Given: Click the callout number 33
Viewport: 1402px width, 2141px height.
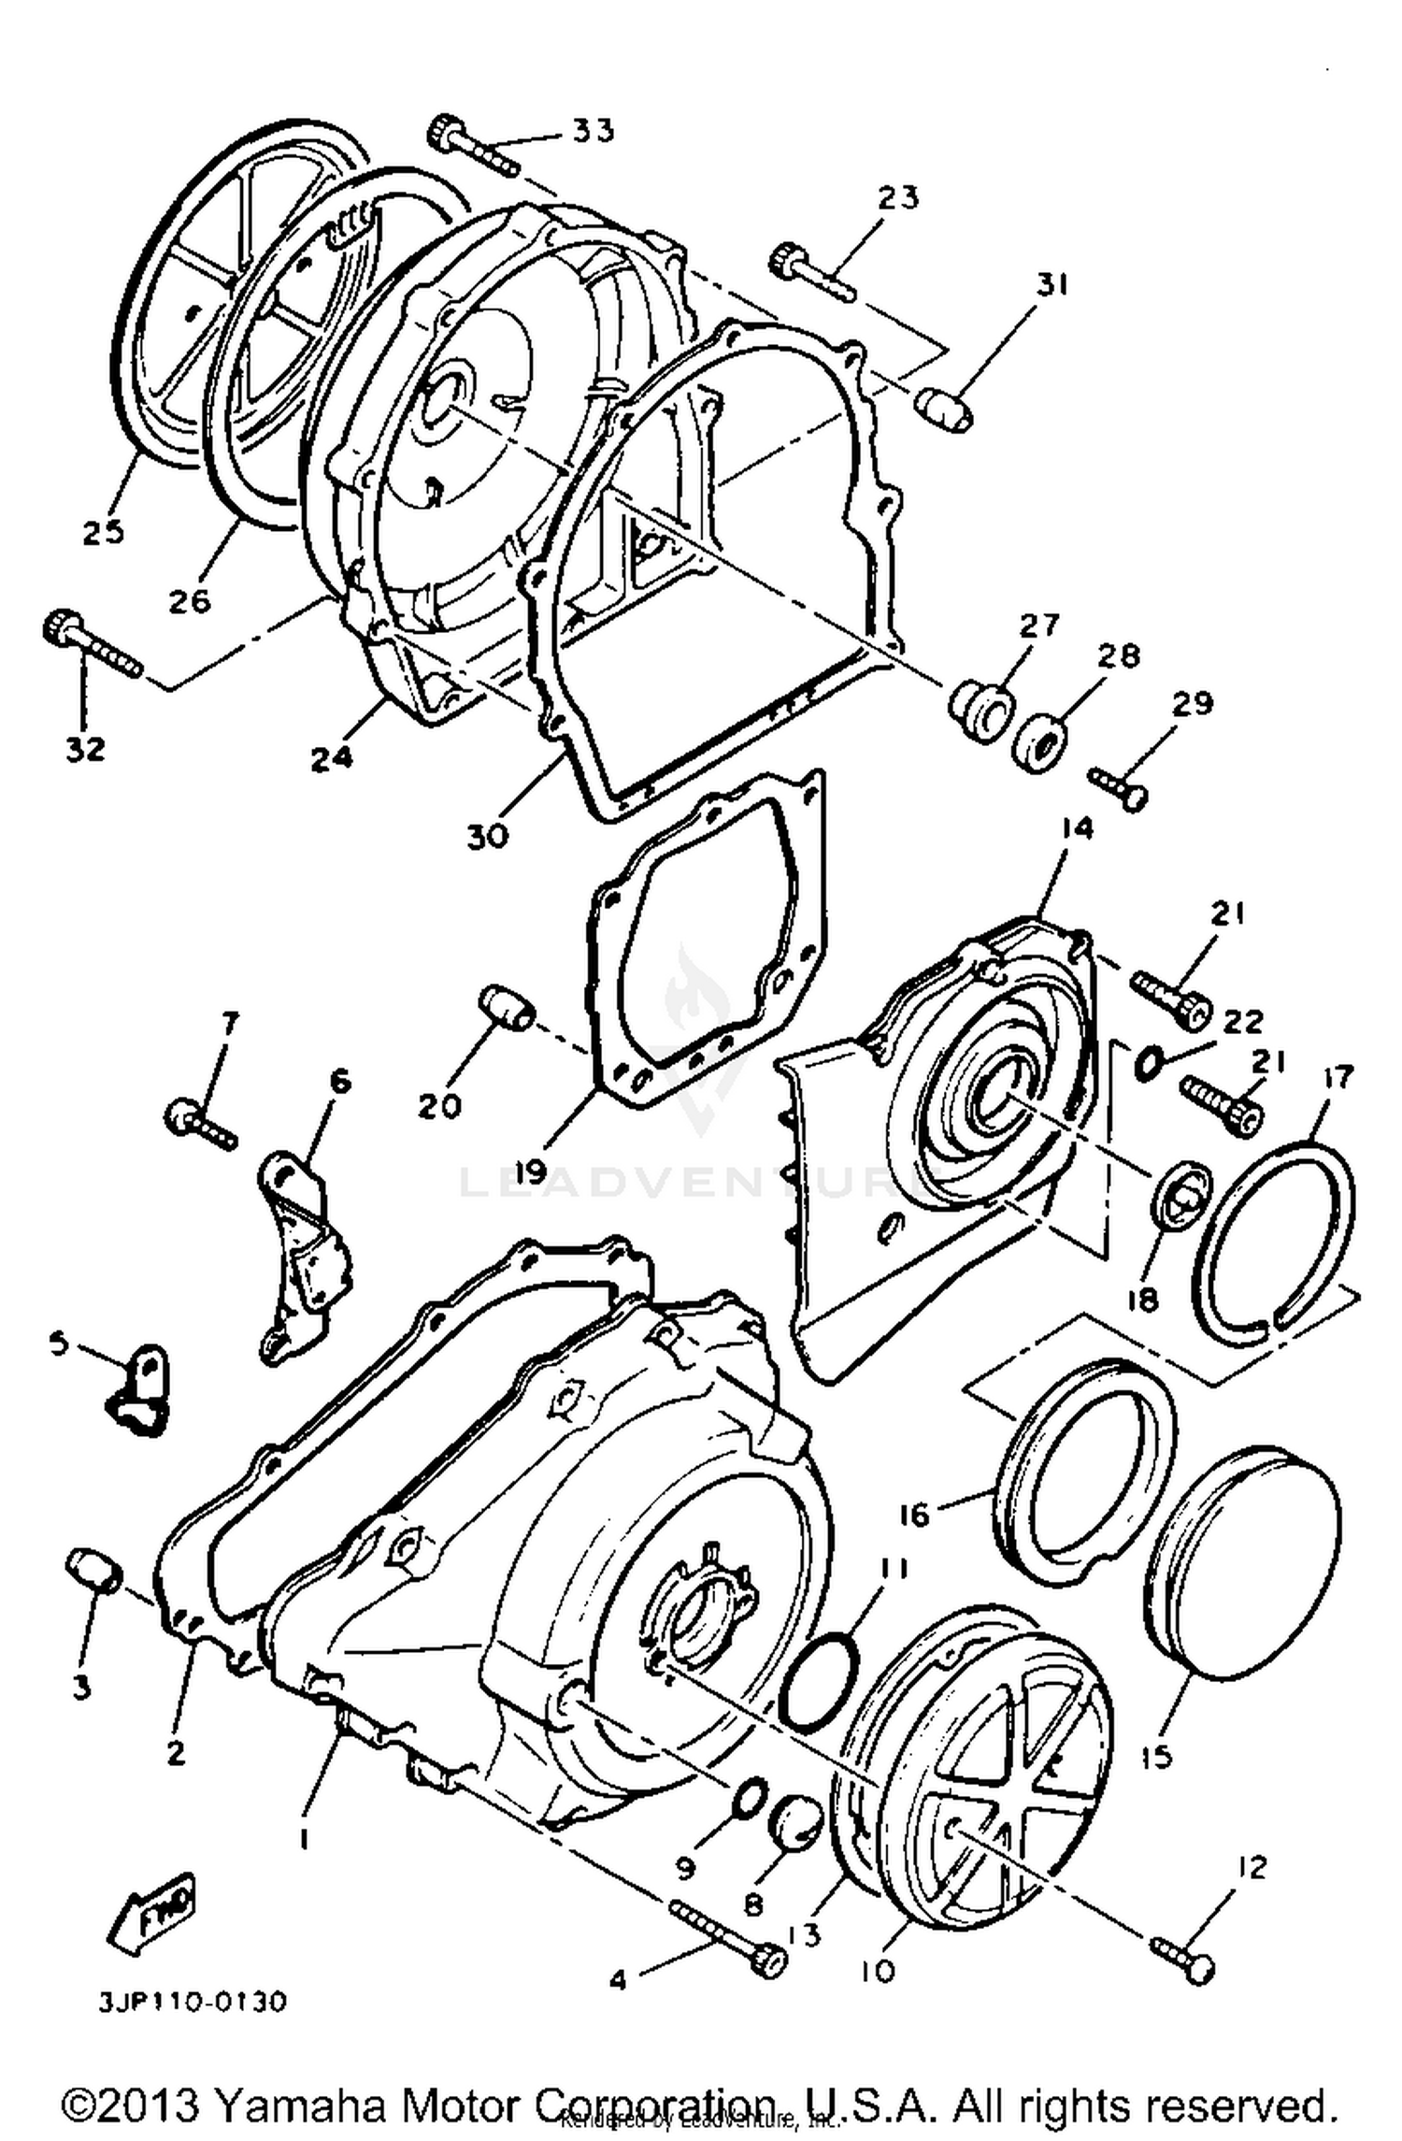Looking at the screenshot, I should click(594, 130).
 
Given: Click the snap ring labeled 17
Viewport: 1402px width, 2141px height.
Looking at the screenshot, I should click(1276, 1230).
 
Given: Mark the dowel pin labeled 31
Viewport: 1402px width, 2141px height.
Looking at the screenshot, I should click(942, 410).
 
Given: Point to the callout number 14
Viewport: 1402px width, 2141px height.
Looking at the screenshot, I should click(1077, 828).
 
